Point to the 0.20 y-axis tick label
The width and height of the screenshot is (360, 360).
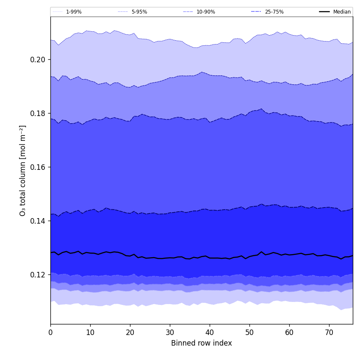[x=38, y=60]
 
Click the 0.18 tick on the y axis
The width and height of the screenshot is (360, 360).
[x=38, y=114]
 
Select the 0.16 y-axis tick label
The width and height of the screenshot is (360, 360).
[x=38, y=167]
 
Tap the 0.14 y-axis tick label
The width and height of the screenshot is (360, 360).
[x=38, y=221]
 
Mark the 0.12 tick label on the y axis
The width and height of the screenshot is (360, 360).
[x=38, y=275]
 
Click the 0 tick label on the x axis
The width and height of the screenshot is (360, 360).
[x=50, y=332]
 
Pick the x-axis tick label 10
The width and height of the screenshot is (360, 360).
[x=90, y=332]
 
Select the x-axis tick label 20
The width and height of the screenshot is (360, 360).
[x=130, y=332]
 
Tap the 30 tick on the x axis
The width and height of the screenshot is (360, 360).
[x=170, y=332]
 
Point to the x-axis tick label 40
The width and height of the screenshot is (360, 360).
[x=210, y=332]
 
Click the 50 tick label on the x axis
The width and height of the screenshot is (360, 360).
[x=249, y=332]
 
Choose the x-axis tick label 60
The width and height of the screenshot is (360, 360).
[x=289, y=332]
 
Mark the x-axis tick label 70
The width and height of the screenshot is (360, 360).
[x=329, y=332]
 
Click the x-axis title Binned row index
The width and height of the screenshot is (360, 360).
[x=202, y=343]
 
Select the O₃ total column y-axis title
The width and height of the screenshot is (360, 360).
[x=23, y=170]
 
